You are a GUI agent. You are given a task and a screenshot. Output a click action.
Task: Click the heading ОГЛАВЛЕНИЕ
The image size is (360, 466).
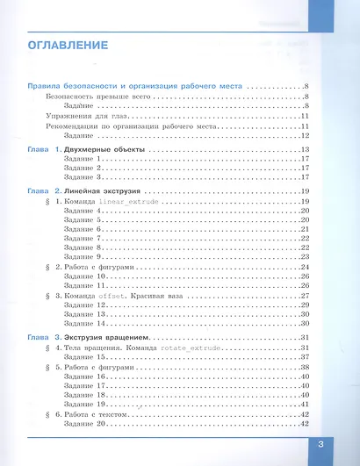[68, 45]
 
